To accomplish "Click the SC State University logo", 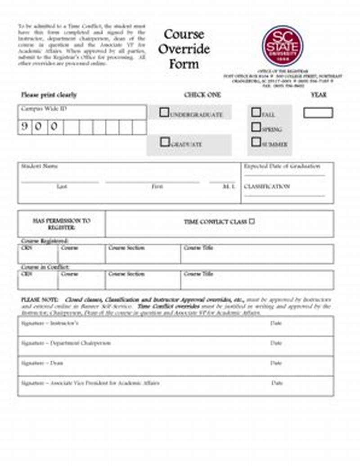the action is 282,46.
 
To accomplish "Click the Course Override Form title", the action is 184,49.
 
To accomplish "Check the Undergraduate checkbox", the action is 164,112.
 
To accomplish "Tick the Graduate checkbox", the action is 165,142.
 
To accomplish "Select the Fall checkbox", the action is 256,112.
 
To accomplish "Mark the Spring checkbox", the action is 256,127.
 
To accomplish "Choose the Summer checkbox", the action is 256,142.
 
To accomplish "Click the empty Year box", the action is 318,112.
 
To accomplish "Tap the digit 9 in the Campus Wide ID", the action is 25,127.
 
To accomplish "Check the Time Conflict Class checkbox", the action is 252,221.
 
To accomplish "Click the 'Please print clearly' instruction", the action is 49,95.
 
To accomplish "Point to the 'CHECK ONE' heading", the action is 202,95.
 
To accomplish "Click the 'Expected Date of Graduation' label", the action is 282,166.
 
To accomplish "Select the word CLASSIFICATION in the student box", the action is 267,186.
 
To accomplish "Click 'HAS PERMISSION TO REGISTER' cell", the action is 62,224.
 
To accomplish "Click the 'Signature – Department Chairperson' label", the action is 66,343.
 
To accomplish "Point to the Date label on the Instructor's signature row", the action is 276,323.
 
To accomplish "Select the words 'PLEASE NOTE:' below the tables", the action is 40,300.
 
